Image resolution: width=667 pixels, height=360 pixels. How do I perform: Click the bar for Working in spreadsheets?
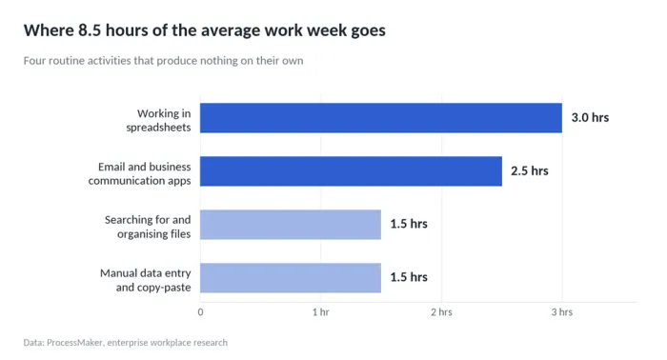(x=381, y=118)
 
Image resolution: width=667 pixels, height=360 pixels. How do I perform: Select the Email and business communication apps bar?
(x=351, y=170)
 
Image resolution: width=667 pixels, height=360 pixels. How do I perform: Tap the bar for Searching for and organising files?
(x=291, y=225)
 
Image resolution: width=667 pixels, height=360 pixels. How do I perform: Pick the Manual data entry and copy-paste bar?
(x=291, y=277)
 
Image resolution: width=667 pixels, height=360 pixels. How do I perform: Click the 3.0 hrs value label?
(x=590, y=118)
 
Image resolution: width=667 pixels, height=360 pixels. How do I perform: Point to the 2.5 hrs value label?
(x=530, y=170)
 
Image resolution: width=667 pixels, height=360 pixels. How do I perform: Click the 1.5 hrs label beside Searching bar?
(x=409, y=224)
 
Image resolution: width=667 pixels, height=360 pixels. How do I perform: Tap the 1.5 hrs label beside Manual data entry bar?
(x=409, y=277)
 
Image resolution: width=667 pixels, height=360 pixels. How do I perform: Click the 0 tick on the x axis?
(x=200, y=312)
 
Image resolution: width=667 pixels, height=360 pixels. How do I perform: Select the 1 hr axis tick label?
(x=321, y=312)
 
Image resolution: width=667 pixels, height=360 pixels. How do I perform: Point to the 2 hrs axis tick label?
(x=441, y=312)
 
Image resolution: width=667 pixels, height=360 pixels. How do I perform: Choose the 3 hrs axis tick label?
(x=562, y=312)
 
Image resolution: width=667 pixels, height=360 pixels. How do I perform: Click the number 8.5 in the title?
(x=90, y=30)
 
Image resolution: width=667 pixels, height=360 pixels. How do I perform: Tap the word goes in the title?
(x=369, y=31)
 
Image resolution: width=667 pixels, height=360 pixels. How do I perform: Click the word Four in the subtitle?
(x=34, y=61)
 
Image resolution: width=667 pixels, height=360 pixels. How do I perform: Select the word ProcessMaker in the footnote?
(x=74, y=343)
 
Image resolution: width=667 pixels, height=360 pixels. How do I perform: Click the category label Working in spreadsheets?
(x=159, y=120)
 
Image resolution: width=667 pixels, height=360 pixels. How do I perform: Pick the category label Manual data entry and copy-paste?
(x=146, y=280)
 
